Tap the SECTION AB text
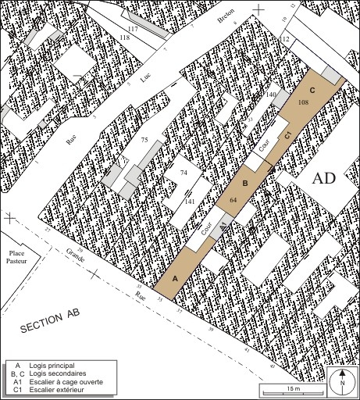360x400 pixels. [x=51, y=325]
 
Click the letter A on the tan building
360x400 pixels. [x=175, y=278]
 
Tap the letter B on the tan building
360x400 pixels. [x=244, y=184]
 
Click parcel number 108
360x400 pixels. [x=304, y=102]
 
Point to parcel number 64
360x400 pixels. [x=233, y=200]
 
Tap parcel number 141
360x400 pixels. [x=189, y=202]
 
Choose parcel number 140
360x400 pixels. [x=271, y=94]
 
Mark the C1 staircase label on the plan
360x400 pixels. [x=287, y=137]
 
